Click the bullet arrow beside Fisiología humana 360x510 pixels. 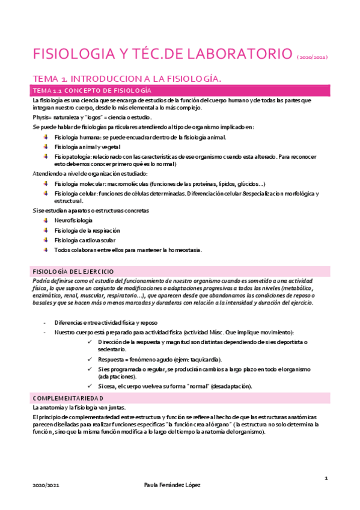click(x=46, y=137)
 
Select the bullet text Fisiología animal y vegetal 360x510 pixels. click(x=87, y=147)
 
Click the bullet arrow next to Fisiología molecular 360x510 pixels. click(x=46, y=183)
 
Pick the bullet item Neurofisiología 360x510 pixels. click(x=73, y=221)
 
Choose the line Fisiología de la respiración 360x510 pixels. click(x=87, y=230)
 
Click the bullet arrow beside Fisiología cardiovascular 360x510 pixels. click(x=46, y=240)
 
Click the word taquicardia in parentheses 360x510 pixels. click(x=204, y=359)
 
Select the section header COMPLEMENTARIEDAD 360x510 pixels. click(x=67, y=398)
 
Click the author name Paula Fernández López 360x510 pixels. click(x=180, y=485)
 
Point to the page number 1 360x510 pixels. click(x=325, y=478)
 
